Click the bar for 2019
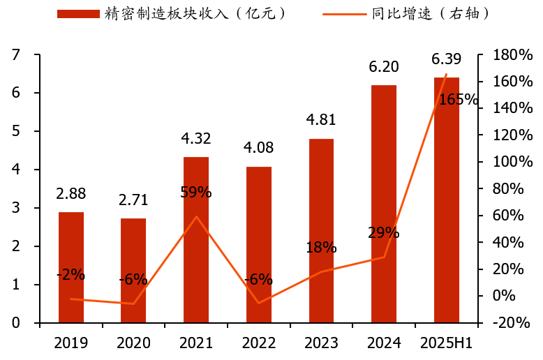70,267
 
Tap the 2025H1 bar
447,200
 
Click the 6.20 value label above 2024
384,67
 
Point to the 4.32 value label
196,139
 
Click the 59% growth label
196,193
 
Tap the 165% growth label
459,100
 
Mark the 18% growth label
321,248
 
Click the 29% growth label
384,233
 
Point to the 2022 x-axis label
259,343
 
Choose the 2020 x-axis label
133,343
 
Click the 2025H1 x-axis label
447,343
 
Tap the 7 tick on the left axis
15,55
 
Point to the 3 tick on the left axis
15,209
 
